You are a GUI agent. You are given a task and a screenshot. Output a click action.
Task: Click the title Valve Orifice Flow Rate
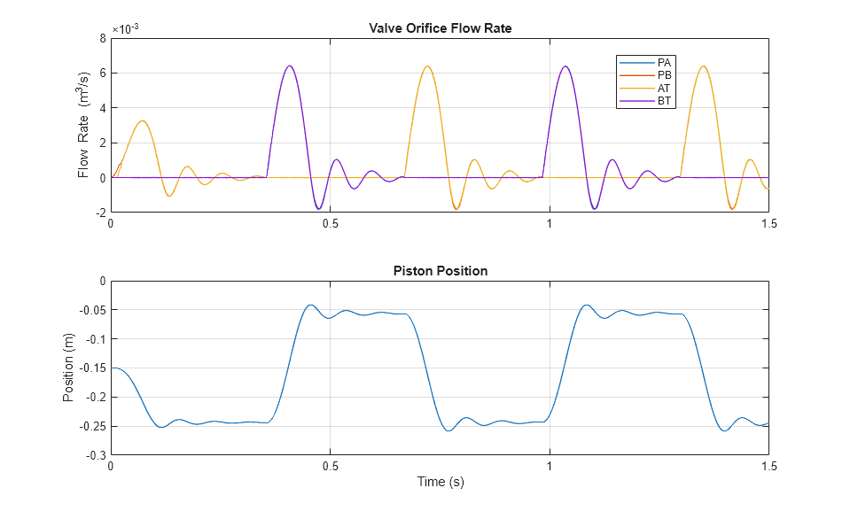click(x=440, y=28)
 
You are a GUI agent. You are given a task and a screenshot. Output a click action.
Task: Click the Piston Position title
click(x=440, y=271)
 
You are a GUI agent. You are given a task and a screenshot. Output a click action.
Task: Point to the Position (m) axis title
click(x=68, y=368)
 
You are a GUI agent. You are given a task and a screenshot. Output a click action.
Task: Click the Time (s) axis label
click(x=440, y=482)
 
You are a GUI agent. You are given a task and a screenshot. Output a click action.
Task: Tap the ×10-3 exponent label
click(x=125, y=28)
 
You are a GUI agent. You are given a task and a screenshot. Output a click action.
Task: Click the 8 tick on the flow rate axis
click(x=103, y=38)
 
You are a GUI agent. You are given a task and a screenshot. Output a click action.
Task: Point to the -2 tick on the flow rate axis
click(x=100, y=213)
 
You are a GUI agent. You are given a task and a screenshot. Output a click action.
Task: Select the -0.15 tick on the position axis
click(x=91, y=368)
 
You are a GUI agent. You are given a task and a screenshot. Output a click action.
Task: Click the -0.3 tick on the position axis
click(x=95, y=455)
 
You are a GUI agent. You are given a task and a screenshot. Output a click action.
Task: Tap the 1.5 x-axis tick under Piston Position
click(x=768, y=466)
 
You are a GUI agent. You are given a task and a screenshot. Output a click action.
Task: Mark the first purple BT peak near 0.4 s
click(x=289, y=66)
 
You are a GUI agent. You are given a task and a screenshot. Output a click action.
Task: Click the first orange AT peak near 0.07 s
click(x=141, y=120)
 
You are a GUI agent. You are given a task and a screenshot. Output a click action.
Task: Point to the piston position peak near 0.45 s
click(x=310, y=305)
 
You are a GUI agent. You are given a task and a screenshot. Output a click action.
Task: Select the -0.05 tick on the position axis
click(x=91, y=310)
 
